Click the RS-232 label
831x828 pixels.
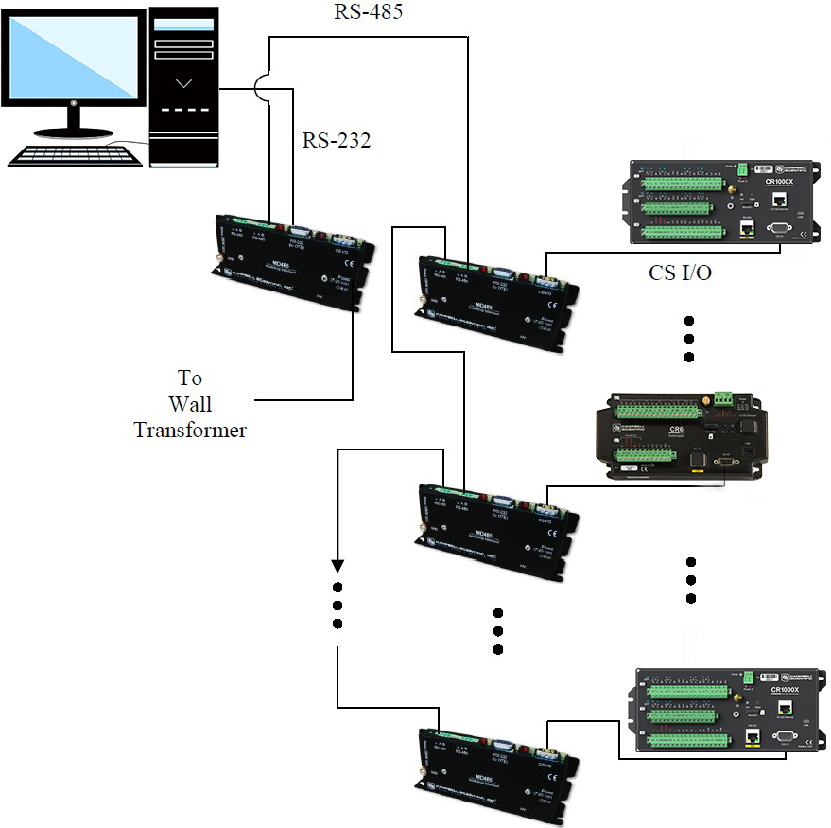(336, 141)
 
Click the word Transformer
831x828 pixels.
(190, 430)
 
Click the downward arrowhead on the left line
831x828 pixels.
(337, 566)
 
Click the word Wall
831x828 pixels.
(189, 404)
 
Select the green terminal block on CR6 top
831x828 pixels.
(652, 411)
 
